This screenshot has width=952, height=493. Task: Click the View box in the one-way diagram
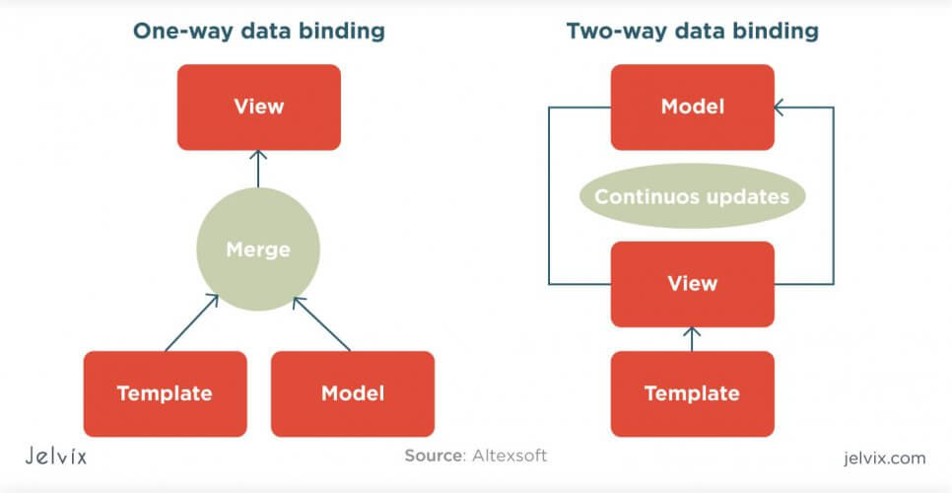(x=258, y=106)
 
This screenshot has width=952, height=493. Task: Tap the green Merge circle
(x=258, y=248)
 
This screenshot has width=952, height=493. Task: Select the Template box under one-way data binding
(x=166, y=393)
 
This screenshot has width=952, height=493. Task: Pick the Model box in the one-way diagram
(x=353, y=393)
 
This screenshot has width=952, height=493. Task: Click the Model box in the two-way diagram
(x=693, y=106)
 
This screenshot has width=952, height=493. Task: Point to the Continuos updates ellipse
(x=693, y=196)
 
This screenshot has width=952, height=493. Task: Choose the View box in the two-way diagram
(x=693, y=284)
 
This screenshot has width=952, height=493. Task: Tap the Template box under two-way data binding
(x=693, y=393)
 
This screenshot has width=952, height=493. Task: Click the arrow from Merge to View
(x=258, y=169)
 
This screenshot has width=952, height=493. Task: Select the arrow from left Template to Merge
(x=191, y=322)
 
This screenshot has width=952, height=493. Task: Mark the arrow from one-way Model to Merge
(x=322, y=323)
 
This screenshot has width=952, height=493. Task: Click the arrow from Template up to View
(x=692, y=339)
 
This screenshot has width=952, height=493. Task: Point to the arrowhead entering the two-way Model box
(x=779, y=107)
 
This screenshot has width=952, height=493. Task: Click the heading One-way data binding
(x=258, y=31)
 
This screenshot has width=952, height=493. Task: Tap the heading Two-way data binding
(x=693, y=31)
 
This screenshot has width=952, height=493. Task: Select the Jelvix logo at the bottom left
(x=56, y=456)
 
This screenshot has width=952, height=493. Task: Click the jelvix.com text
(x=885, y=458)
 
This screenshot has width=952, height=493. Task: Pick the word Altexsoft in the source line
(x=510, y=456)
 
